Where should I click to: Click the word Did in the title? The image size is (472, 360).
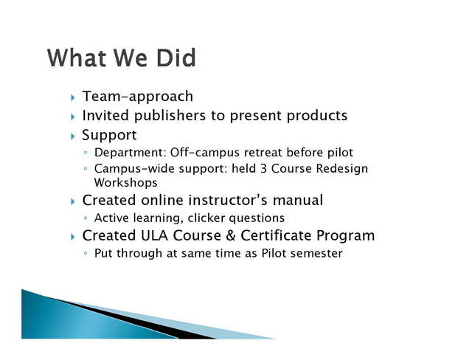(176, 58)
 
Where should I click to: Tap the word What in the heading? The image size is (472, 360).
(77, 58)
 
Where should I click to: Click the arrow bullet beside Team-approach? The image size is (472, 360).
(73, 97)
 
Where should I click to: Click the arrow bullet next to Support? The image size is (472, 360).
(73, 136)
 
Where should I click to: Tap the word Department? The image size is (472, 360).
(130, 153)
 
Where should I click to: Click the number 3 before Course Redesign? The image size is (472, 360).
(263, 168)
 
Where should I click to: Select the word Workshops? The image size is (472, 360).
(126, 183)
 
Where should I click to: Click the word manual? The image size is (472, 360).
(298, 200)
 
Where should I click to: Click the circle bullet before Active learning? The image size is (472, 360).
(86, 218)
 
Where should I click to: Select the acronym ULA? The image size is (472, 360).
(154, 235)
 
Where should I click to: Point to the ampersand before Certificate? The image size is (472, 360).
(230, 235)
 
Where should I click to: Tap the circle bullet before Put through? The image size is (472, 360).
(86, 253)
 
